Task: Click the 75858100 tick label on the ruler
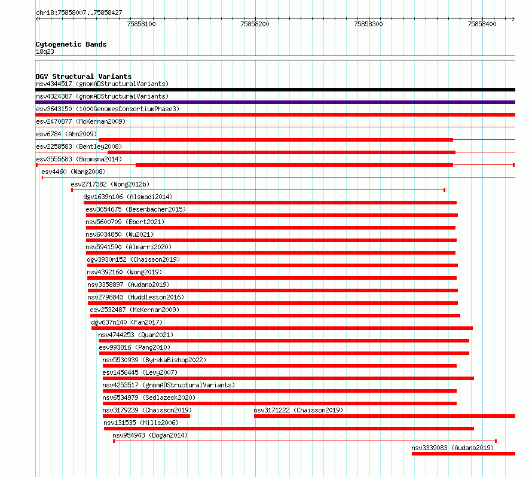[141, 24]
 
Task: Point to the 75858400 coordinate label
[482, 24]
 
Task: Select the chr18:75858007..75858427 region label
[79, 13]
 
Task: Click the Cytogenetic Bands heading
[71, 44]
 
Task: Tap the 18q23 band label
[45, 51]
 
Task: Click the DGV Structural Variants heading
[84, 77]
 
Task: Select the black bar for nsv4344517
[275, 90]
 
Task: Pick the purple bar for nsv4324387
[275, 102]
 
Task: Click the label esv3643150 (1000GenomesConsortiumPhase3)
[108, 109]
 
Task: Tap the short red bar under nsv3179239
[146, 416]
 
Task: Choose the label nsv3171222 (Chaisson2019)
[298, 410]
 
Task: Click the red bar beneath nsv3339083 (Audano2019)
[463, 454]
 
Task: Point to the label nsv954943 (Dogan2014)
[150, 435]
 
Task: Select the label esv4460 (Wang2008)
[74, 172]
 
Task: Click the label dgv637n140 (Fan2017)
[127, 322]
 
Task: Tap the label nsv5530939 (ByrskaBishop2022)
[154, 360]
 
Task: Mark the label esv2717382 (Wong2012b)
[110, 184]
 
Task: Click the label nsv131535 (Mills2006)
[141, 423]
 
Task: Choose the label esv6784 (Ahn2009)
[66, 134]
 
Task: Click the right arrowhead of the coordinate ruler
[513, 19]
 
